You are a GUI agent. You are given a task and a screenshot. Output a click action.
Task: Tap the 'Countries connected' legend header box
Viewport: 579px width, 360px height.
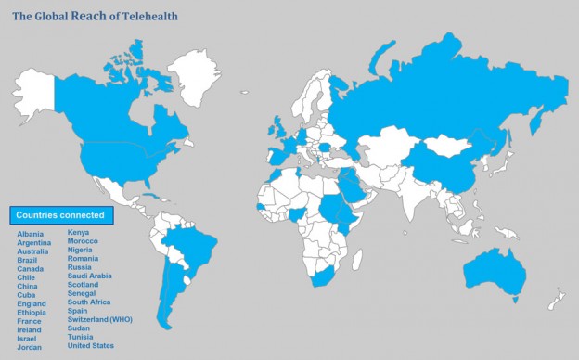pyautogui.click(x=60, y=215)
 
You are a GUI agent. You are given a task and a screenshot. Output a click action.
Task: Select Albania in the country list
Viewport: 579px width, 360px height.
pyautogui.click(x=30, y=234)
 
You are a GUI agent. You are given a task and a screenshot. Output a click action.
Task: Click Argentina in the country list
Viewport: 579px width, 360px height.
pyautogui.click(x=33, y=242)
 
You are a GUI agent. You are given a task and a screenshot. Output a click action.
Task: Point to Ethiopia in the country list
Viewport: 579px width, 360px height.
pyautogui.click(x=32, y=313)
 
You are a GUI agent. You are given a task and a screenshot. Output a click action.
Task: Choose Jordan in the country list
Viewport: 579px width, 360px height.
pyautogui.click(x=29, y=347)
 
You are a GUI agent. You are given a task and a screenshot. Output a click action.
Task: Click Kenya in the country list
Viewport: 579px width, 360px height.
pyautogui.click(x=79, y=233)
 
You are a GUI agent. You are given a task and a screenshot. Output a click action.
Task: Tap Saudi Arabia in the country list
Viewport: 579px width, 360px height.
pyautogui.click(x=89, y=276)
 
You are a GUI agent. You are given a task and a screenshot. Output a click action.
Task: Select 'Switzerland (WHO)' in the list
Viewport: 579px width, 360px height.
pyautogui.click(x=100, y=319)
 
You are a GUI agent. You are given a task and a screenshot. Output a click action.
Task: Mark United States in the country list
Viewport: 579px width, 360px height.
pyautogui.click(x=90, y=346)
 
